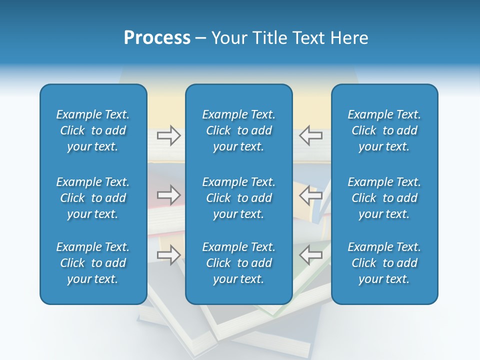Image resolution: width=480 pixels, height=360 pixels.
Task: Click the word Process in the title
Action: click(x=157, y=38)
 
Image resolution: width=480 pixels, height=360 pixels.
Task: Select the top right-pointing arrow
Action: click(x=169, y=135)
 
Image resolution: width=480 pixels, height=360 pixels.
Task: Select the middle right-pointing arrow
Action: click(x=169, y=195)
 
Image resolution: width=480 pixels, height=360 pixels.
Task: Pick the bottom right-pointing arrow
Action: click(x=169, y=255)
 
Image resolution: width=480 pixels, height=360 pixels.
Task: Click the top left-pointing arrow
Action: click(x=310, y=135)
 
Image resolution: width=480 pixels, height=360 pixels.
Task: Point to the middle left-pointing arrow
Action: click(x=310, y=195)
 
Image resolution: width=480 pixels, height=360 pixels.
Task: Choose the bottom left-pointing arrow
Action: click(x=310, y=255)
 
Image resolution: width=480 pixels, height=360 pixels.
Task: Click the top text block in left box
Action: click(x=93, y=130)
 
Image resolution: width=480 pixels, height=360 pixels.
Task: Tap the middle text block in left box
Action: click(x=93, y=198)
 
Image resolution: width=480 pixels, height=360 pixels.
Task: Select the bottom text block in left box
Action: click(x=93, y=263)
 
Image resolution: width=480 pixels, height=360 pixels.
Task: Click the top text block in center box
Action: click(x=238, y=130)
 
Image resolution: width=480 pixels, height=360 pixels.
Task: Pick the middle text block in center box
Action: click(x=238, y=198)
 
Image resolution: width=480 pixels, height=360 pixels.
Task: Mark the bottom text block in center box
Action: click(x=238, y=263)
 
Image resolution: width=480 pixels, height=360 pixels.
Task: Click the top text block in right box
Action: click(x=384, y=130)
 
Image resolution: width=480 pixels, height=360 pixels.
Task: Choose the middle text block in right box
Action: click(x=384, y=198)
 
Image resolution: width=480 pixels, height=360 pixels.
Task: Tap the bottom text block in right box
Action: click(x=384, y=263)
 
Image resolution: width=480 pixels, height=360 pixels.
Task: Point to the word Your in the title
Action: click(x=228, y=38)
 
